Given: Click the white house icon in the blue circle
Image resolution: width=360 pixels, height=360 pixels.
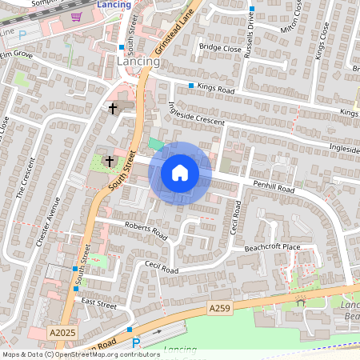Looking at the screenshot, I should pos(180,173).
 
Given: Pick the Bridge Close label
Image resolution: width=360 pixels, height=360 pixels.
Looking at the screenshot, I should pos(220,48).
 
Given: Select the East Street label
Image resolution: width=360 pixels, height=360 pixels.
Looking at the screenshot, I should pos(99,305).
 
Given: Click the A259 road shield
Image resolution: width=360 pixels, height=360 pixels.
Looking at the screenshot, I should pos(220,308).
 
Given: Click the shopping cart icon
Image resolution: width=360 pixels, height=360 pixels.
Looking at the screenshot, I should pos(77,16).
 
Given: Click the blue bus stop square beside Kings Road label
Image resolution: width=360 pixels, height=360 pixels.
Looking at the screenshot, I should pos(191,86).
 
